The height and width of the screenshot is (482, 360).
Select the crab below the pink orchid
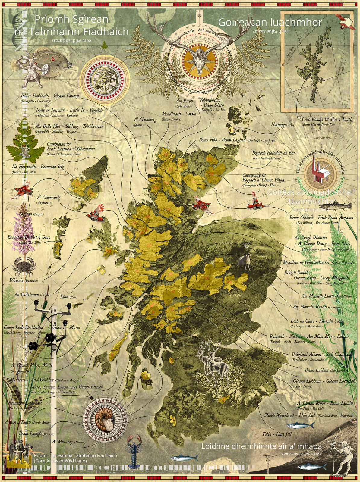click(x=24, y=267)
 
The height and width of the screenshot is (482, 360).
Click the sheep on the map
click(x=245, y=261)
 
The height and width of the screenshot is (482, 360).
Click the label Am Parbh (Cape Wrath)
click(x=184, y=103)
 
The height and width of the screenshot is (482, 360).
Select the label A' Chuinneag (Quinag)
click(x=145, y=121)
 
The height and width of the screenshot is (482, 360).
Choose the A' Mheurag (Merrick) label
click(x=67, y=442)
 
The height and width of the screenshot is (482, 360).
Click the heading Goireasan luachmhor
click(x=270, y=23)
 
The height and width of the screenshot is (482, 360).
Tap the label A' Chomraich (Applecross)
click(x=48, y=200)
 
